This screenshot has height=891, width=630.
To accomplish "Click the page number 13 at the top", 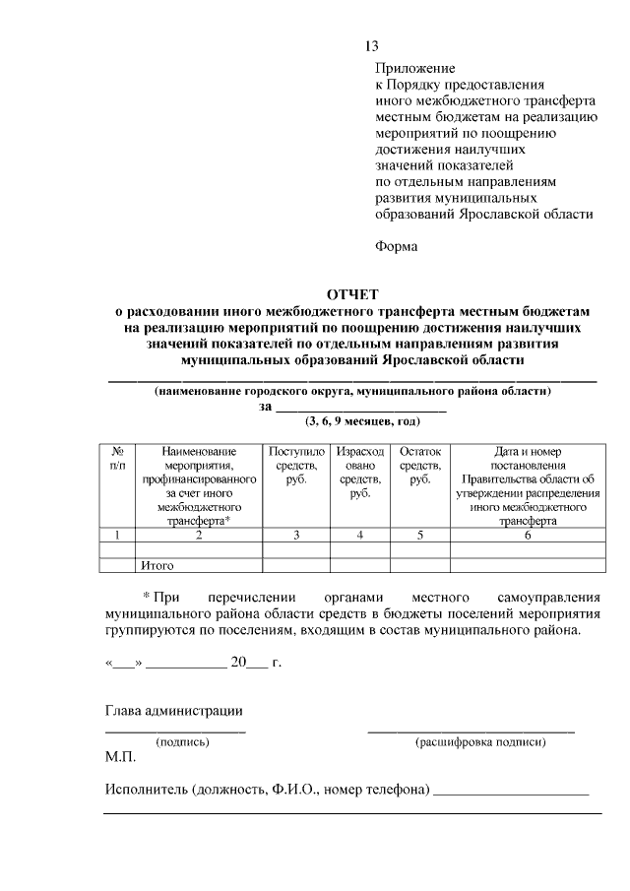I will pyautogui.click(x=371, y=46).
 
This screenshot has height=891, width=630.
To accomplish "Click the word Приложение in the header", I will pyautogui.click(x=414, y=69).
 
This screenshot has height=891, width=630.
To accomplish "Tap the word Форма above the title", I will pyautogui.click(x=397, y=246).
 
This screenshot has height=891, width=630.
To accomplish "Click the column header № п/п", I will pyautogui.click(x=118, y=457).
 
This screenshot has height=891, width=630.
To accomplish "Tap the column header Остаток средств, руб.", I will pyautogui.click(x=420, y=465).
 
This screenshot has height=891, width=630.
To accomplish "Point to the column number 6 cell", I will pyautogui.click(x=528, y=535).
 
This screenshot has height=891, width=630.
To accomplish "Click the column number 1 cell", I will pyautogui.click(x=118, y=535).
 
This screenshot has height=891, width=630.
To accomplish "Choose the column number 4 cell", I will pyautogui.click(x=360, y=535).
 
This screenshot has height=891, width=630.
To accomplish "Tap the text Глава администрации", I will pyautogui.click(x=173, y=711).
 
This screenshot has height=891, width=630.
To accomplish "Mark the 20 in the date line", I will pyautogui.click(x=238, y=663).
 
